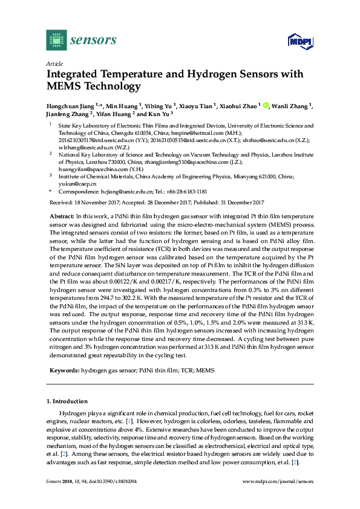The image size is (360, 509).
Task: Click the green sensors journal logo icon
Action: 56,40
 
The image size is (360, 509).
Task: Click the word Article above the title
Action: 54,63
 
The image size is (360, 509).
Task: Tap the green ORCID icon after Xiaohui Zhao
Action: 265,105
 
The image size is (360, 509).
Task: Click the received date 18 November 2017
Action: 93,202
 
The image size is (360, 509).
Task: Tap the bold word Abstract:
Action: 62,216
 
